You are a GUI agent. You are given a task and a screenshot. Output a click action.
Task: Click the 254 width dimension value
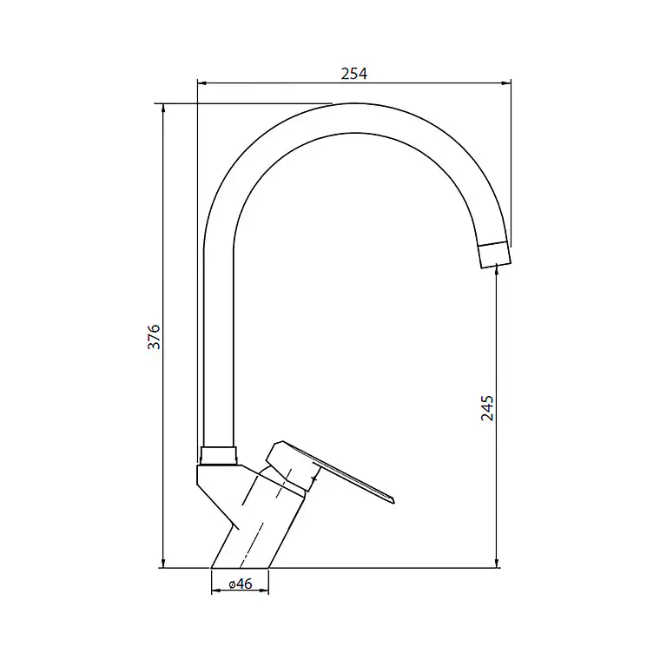click(354, 74)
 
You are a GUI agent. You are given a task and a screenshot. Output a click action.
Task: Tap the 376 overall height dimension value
click(154, 336)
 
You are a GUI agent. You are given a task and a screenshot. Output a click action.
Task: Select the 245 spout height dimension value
click(487, 408)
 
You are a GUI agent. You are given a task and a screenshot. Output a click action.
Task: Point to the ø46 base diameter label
click(241, 584)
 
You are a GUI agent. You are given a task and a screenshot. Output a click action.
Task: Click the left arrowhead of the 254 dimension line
click(202, 83)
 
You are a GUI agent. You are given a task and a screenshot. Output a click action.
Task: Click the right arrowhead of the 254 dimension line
click(506, 83)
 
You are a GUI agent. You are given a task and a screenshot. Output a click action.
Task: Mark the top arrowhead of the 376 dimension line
click(163, 109)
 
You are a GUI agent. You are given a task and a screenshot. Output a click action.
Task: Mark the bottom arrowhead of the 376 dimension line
click(163, 563)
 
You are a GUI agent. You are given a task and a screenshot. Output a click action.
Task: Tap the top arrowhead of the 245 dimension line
click(497, 269)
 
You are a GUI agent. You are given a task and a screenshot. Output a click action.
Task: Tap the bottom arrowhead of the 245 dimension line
click(497, 563)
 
